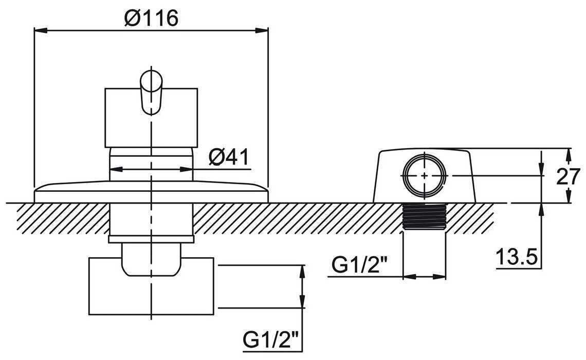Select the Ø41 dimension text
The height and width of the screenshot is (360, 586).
[228, 157]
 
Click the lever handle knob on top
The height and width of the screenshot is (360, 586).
[151, 91]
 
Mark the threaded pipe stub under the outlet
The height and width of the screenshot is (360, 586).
[425, 218]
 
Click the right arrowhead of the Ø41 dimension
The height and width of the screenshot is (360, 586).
[186, 169]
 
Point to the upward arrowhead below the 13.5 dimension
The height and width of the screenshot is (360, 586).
[541, 210]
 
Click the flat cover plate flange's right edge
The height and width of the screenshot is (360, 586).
[268, 195]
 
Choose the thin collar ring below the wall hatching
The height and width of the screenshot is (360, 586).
[151, 239]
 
